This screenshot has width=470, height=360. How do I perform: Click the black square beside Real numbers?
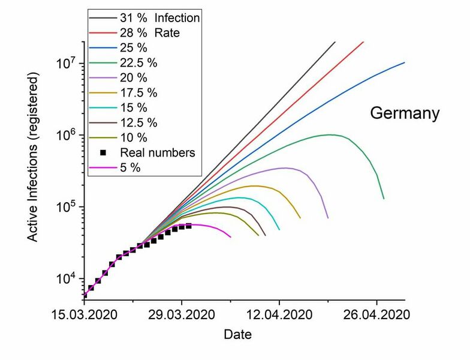103,153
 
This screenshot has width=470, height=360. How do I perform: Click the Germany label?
405,113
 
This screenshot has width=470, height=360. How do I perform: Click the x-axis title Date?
237,334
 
